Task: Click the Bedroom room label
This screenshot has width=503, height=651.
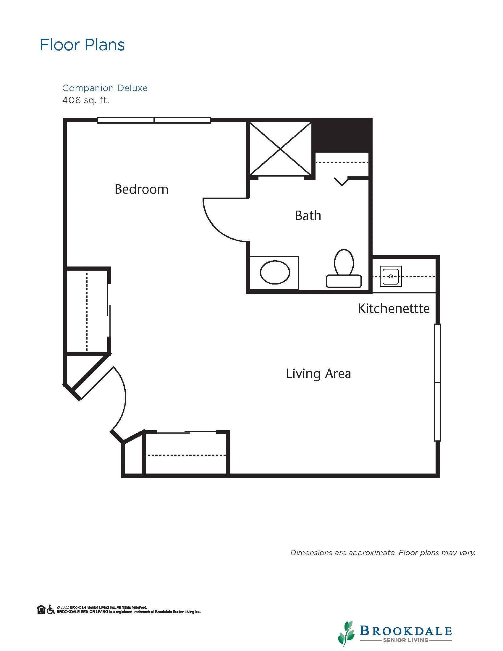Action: click(x=142, y=189)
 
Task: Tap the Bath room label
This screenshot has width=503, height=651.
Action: click(x=308, y=216)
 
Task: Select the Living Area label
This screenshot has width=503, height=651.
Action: click(x=318, y=374)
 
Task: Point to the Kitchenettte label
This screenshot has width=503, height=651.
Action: click(x=394, y=308)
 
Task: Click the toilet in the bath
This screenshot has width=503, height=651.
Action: click(x=344, y=268)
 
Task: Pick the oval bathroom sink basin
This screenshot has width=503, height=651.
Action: click(x=275, y=272)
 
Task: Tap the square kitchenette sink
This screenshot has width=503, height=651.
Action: click(x=391, y=276)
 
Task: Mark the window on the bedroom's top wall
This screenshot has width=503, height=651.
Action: click(x=154, y=120)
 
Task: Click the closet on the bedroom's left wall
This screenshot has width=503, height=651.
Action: click(x=87, y=310)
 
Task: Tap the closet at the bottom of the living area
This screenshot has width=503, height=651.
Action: click(x=186, y=453)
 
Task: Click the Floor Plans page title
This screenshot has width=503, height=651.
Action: click(x=82, y=45)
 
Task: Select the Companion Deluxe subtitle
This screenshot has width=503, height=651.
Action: click(x=105, y=88)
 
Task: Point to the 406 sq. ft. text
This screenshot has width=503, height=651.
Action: click(x=86, y=100)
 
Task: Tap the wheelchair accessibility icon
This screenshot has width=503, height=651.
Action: click(x=51, y=609)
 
